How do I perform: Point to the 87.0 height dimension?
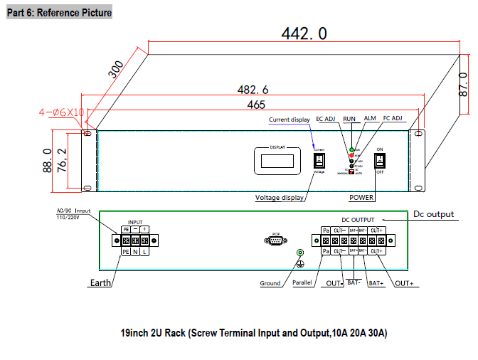[463, 84]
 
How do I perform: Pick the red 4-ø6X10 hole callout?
[62, 112]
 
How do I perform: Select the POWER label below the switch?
[361, 198]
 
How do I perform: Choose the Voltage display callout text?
[280, 198]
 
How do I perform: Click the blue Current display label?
[289, 120]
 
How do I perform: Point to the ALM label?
[370, 119]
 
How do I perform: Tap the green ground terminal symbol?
[300, 253]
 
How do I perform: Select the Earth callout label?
[100, 283]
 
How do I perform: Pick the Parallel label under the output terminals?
[303, 283]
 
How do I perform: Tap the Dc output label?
[434, 213]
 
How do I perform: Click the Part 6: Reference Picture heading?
[59, 13]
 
